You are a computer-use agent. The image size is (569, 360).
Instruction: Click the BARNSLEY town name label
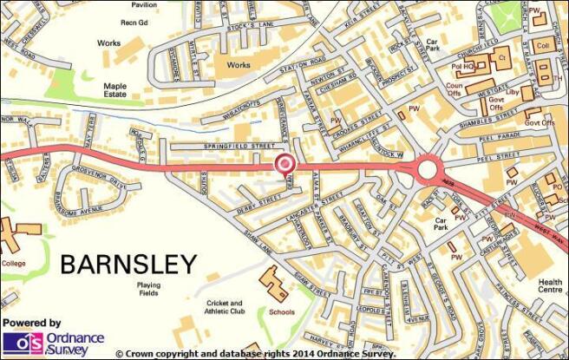coord(128,264)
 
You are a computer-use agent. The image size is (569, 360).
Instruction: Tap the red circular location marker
coord(284,163)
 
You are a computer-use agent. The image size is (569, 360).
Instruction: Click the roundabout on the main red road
coord(427,168)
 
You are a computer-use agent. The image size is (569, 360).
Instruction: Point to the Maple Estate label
coord(115,91)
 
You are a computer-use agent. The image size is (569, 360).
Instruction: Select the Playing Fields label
coord(148,290)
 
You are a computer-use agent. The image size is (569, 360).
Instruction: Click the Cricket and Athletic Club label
coord(224,307)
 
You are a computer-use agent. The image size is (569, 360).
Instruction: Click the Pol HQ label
coord(462,66)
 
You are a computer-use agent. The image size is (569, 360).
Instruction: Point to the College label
coord(15,262)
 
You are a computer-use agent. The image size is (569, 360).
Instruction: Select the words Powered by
coord(31,322)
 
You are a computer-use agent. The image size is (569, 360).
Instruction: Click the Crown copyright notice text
coord(255,354)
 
